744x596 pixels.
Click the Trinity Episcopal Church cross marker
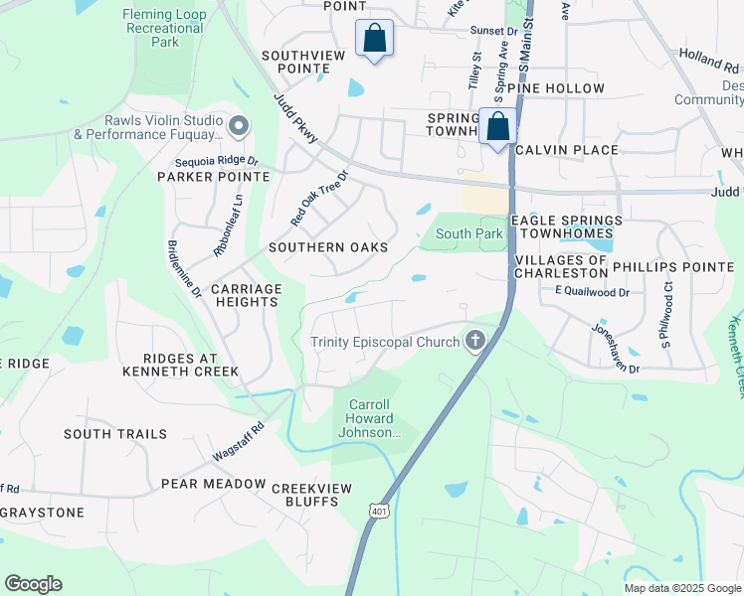pyautogui.click(x=475, y=342)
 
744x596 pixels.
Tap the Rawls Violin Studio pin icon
pyautogui.click(x=238, y=126)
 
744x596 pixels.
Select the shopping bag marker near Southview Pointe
pyautogui.click(x=374, y=40)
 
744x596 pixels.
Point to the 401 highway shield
pyautogui.click(x=379, y=511)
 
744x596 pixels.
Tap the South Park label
pyautogui.click(x=469, y=233)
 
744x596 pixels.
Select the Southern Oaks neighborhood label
pyautogui.click(x=327, y=246)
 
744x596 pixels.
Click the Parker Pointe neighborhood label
pyautogui.click(x=213, y=176)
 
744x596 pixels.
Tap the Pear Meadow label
pyautogui.click(x=214, y=485)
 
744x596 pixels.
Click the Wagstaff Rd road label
pyautogui.click(x=238, y=441)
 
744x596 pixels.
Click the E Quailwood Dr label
pyautogui.click(x=592, y=292)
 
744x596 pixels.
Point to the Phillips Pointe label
pyautogui.click(x=672, y=266)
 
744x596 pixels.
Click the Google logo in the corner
pyautogui.click(x=33, y=583)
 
